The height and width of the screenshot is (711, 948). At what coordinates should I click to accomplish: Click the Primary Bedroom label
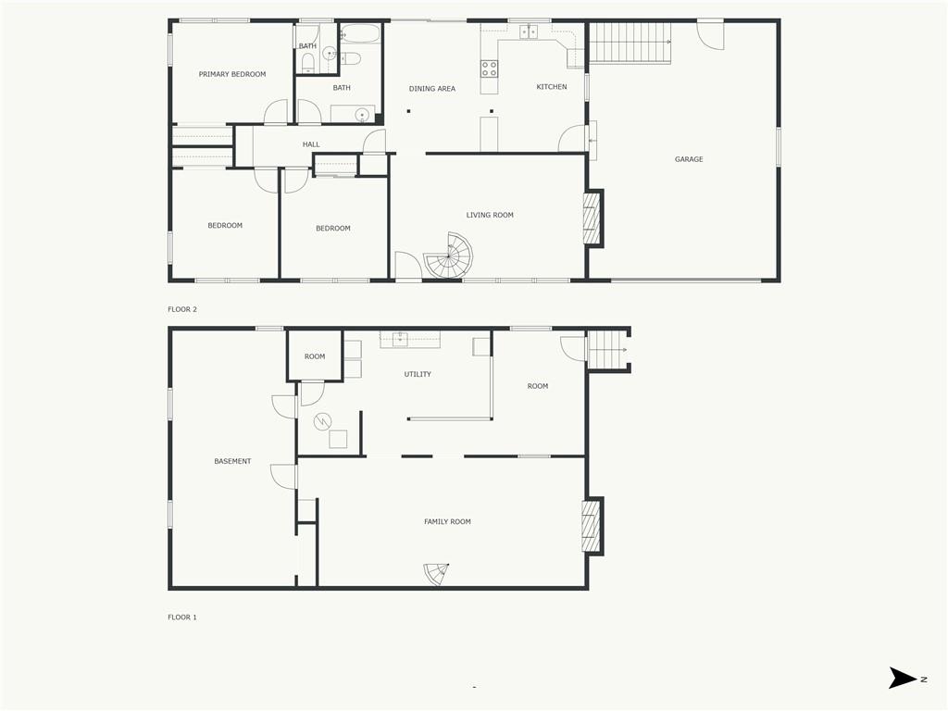click(x=232, y=74)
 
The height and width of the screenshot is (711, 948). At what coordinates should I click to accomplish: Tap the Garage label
click(x=689, y=159)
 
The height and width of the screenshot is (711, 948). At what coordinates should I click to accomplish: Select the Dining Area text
click(x=431, y=89)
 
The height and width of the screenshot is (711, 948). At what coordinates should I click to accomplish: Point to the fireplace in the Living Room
click(x=592, y=218)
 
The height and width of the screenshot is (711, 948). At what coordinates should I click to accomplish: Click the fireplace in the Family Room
click(x=592, y=526)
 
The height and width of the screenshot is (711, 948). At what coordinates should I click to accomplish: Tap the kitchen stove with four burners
click(x=489, y=69)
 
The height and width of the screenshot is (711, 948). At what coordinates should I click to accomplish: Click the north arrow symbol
click(x=903, y=678)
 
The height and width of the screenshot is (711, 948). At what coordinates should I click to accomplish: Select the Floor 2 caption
click(x=182, y=309)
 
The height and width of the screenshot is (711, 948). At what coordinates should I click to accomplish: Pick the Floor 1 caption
click(x=182, y=617)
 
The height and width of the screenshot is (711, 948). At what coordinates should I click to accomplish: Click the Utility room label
click(x=418, y=374)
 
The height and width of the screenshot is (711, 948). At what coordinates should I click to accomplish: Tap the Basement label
click(x=232, y=461)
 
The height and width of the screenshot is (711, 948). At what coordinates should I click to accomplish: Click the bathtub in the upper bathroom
click(x=360, y=33)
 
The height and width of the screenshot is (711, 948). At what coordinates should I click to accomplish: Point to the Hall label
click(x=311, y=144)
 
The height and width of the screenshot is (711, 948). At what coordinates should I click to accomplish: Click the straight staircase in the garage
click(x=630, y=43)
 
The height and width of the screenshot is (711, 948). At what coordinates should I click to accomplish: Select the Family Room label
click(x=447, y=522)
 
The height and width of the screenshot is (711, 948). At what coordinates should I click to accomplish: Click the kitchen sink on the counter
click(x=529, y=31)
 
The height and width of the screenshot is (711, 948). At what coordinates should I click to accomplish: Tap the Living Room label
click(x=489, y=215)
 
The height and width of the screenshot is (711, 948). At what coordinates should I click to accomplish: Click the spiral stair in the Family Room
click(x=437, y=574)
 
